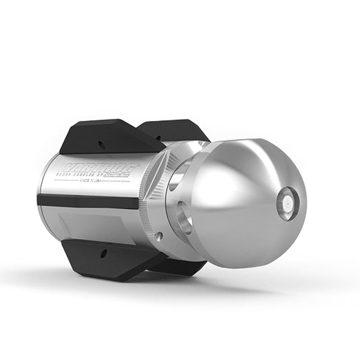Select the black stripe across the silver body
point(88,201)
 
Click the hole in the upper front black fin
point(101,144)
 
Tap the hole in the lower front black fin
point(103,255)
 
